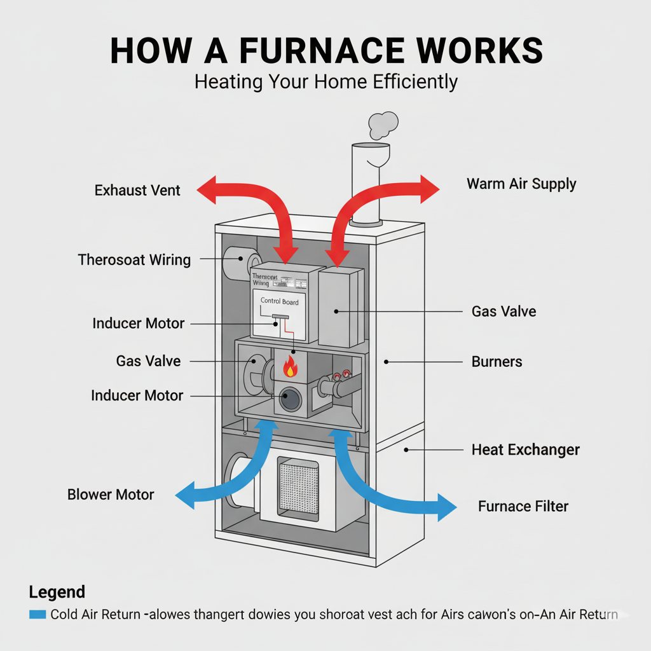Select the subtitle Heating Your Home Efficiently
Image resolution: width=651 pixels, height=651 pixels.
click(x=325, y=82)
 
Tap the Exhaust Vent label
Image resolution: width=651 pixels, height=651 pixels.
click(x=137, y=190)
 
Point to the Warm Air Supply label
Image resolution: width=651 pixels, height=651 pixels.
click(x=521, y=184)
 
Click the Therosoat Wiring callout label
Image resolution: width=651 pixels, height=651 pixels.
click(x=134, y=259)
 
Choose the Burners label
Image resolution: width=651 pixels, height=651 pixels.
click(x=497, y=362)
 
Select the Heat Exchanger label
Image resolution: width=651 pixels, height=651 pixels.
click(x=525, y=450)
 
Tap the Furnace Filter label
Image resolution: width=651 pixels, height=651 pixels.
click(x=523, y=506)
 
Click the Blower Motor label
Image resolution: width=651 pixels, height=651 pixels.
click(x=111, y=494)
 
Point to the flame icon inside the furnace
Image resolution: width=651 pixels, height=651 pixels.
click(x=291, y=366)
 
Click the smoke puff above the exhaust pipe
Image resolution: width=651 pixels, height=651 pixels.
click(x=383, y=124)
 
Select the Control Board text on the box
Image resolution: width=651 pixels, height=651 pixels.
click(x=279, y=301)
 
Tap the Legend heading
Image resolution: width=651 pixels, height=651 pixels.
click(x=57, y=592)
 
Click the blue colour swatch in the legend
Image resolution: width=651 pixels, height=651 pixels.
click(x=38, y=614)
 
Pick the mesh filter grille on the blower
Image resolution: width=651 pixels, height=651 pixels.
click(x=298, y=485)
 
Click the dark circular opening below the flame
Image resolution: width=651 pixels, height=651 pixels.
click(x=292, y=399)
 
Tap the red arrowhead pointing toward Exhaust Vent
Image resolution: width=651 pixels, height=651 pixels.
click(x=207, y=189)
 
